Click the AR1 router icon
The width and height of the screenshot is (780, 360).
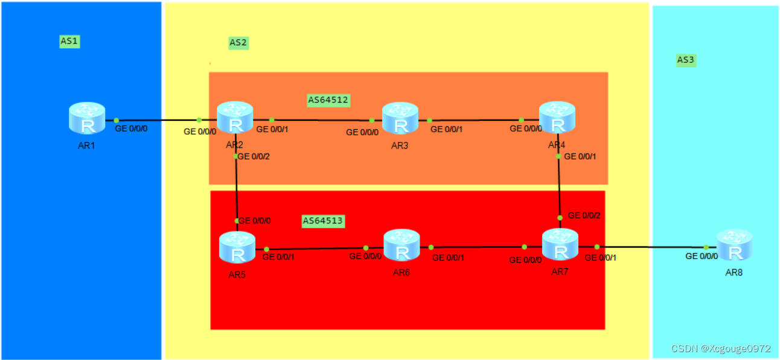click(87, 118)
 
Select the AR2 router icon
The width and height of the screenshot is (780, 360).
click(235, 117)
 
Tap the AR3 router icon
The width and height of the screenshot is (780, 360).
click(400, 118)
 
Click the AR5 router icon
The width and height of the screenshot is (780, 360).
click(237, 247)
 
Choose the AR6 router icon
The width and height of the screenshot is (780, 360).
click(401, 245)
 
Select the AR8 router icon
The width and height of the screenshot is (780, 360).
click(734, 245)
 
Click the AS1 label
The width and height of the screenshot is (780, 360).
click(69, 41)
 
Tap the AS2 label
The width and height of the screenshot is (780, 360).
click(238, 42)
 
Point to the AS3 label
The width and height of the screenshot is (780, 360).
click(686, 60)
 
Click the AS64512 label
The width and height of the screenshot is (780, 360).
click(328, 100)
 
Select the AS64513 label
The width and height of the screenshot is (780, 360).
click(322, 221)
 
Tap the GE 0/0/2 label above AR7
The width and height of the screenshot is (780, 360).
click(584, 215)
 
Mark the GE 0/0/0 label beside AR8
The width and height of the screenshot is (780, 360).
click(702, 256)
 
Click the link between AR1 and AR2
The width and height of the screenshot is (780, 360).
click(157, 120)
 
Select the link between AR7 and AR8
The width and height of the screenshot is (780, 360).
click(652, 246)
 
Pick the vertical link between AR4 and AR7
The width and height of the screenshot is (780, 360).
click(560, 187)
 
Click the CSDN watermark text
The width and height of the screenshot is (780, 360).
click(727, 349)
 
